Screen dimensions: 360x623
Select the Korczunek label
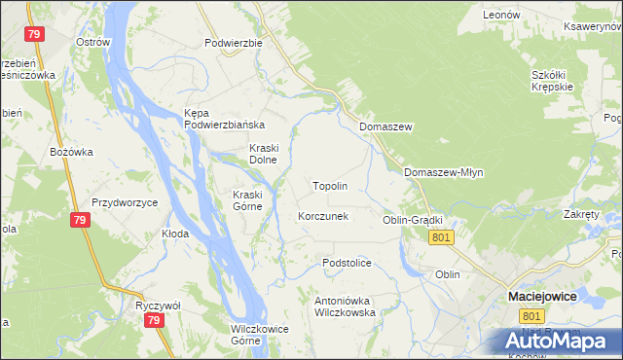[323, 216]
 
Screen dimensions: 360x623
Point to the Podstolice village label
[348, 263]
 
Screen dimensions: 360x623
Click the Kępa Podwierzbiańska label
[224, 119]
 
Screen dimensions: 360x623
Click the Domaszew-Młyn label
[443, 172]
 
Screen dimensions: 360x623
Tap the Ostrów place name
[93, 43]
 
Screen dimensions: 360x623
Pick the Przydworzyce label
[126, 202]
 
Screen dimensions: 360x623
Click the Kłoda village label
[175, 234]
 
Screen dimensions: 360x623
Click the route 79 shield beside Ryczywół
[151, 319]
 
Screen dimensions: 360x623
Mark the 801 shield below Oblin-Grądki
[442, 237]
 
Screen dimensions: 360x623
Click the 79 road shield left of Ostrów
[36, 35]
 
